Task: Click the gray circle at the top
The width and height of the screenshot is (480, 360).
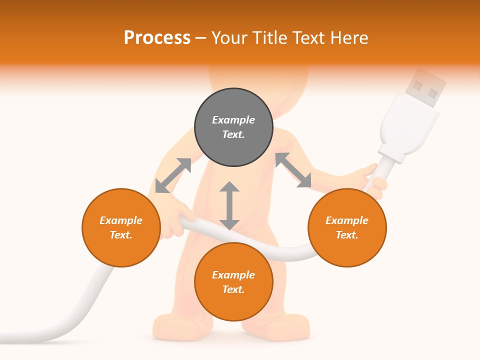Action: click(x=233, y=127)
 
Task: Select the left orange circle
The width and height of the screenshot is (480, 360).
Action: click(x=121, y=227)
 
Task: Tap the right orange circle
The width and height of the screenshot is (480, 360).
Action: click(x=347, y=227)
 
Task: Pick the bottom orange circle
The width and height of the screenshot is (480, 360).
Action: click(x=233, y=282)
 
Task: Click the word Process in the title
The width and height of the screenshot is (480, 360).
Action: click(x=157, y=37)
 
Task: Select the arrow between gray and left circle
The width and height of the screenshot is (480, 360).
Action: click(x=173, y=175)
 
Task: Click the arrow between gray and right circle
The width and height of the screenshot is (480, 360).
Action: click(x=293, y=170)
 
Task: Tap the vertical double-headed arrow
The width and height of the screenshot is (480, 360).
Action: click(x=229, y=205)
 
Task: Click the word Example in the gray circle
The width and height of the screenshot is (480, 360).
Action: click(x=233, y=120)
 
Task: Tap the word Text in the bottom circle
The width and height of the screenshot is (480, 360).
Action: click(x=232, y=289)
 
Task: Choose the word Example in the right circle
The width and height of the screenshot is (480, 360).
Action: click(x=347, y=220)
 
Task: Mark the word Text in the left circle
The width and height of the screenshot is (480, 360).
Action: click(x=120, y=235)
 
